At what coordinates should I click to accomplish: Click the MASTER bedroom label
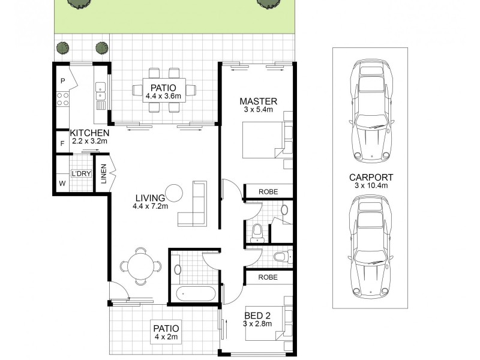(x=258, y=101)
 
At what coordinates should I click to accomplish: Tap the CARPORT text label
(x=370, y=177)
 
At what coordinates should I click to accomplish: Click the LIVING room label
(x=150, y=198)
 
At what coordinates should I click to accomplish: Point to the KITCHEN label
(x=89, y=133)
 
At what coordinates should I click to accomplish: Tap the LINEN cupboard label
(x=103, y=176)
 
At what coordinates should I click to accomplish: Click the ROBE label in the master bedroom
(x=268, y=191)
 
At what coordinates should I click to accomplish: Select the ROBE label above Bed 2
(x=268, y=277)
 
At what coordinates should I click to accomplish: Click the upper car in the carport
(x=370, y=113)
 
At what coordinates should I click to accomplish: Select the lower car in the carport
(x=370, y=247)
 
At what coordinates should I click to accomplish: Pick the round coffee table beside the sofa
(x=174, y=193)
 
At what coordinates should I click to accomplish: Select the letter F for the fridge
(x=62, y=144)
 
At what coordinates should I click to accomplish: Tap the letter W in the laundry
(x=62, y=183)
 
